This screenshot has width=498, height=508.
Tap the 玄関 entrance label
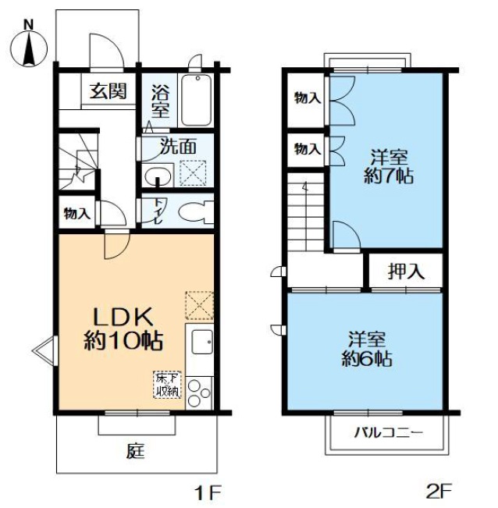[108, 91]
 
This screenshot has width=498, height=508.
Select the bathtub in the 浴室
[197, 100]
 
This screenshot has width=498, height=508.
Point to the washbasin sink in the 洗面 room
[158, 176]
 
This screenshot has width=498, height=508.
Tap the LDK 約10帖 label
[123, 329]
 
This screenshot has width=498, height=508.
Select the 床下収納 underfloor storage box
[167, 385]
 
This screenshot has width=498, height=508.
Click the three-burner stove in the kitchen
[199, 393]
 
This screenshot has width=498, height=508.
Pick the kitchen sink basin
[202, 342]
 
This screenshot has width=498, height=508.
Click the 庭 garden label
[136, 451]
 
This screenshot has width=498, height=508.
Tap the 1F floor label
[208, 492]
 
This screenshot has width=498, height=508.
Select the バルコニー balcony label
[389, 432]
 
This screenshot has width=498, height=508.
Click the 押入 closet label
[406, 271]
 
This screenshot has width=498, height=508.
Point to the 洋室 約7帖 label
[389, 167]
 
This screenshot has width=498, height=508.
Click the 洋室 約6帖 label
[367, 349]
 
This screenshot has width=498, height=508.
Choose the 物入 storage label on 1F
[76, 214]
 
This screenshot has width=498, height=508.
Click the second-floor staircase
[306, 212]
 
